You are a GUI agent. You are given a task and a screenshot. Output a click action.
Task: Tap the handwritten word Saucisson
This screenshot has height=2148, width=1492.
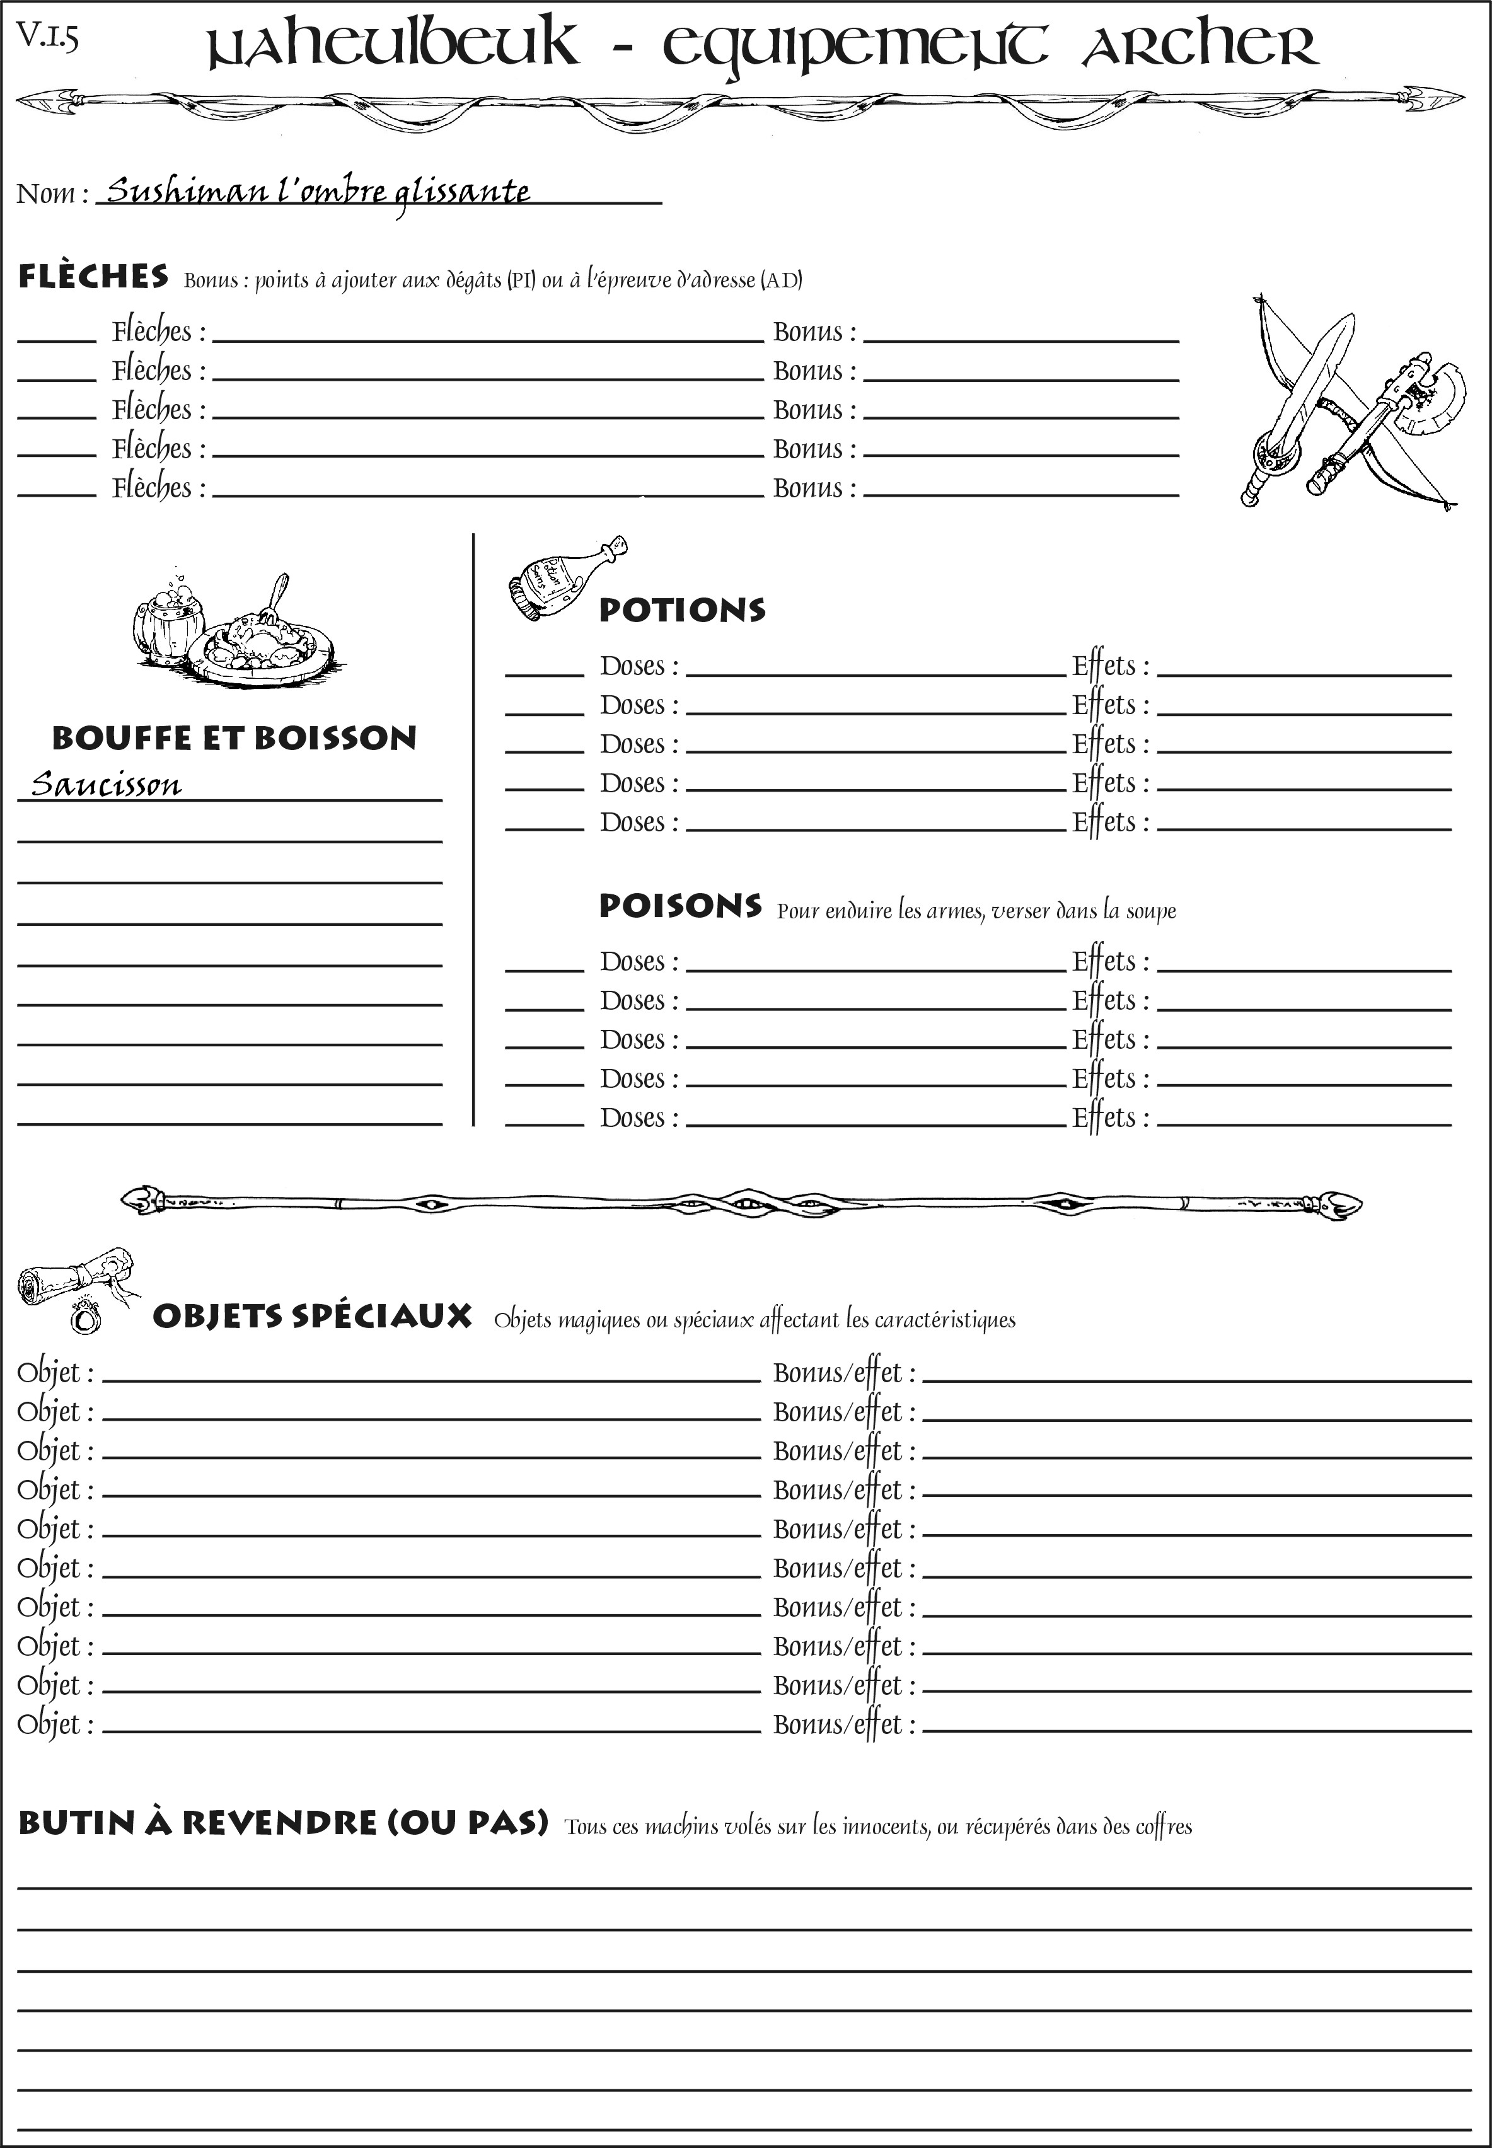point(106,783)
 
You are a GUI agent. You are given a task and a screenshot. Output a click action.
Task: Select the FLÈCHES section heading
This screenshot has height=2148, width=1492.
point(93,277)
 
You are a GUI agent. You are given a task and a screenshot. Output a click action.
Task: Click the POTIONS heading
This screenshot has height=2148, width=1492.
point(681,610)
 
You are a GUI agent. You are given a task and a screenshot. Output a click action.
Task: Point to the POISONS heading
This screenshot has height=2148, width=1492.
point(679,906)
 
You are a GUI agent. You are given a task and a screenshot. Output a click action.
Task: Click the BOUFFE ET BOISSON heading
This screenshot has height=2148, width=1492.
point(234,737)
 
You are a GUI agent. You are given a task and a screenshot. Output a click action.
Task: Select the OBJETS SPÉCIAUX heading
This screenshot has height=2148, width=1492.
point(311,1316)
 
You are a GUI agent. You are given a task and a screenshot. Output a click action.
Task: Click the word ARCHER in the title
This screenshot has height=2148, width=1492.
point(1200,44)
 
